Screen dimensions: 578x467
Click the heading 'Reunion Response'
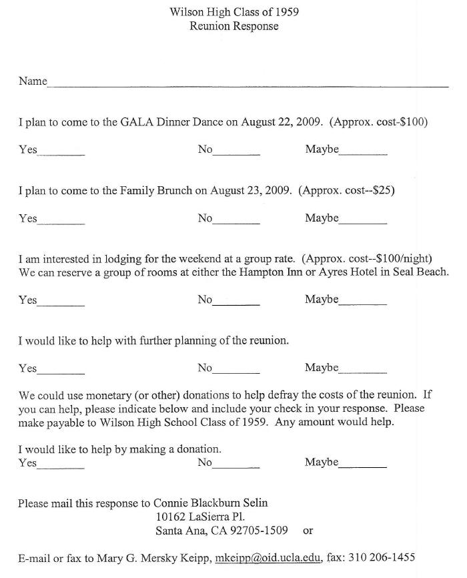233,26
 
